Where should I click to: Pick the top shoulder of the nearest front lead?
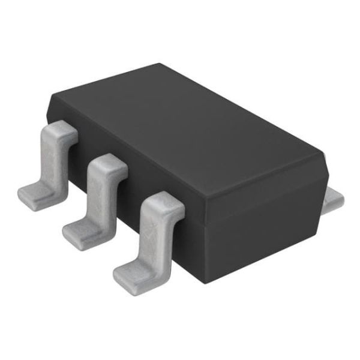(x=162, y=204)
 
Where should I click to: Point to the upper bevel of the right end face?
(x=264, y=192)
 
